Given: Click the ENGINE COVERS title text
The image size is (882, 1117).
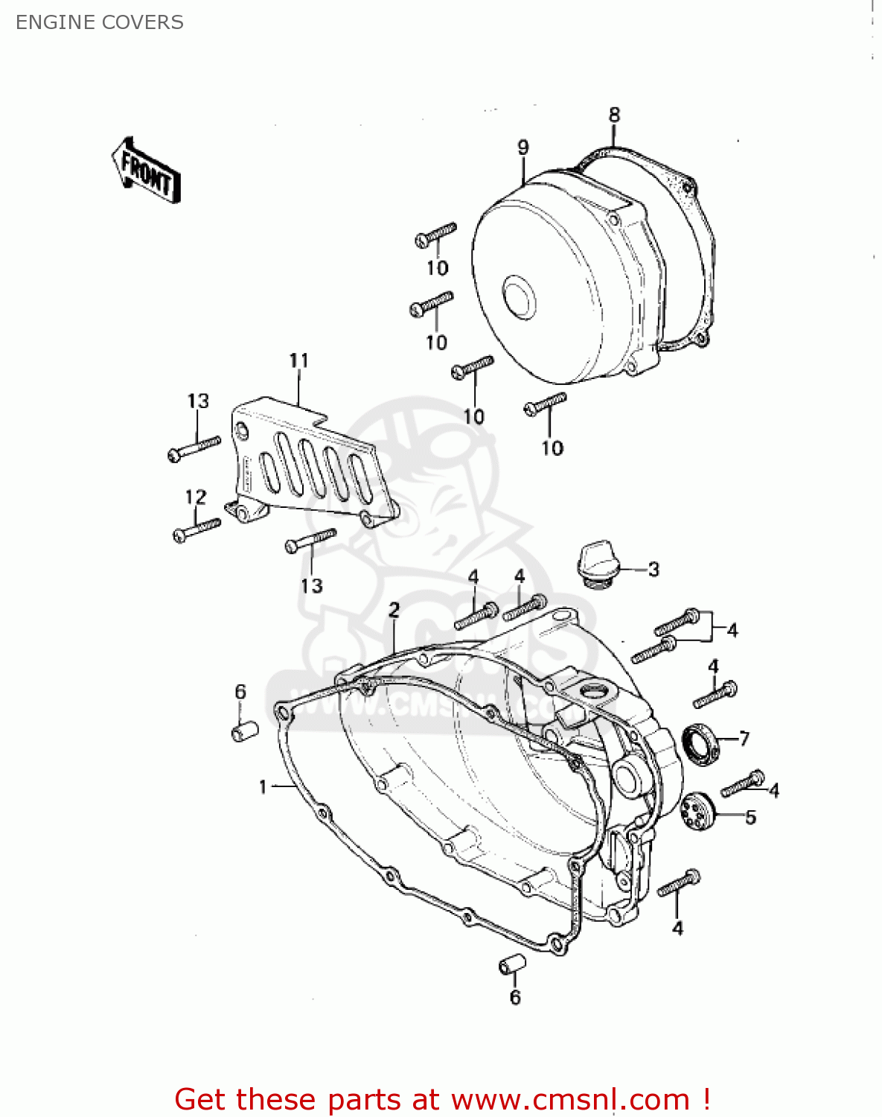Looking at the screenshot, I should [100, 22].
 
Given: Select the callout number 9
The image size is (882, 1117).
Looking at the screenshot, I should [523, 147].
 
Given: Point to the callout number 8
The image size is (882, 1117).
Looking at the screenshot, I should [614, 115].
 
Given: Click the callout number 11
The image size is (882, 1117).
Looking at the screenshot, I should [298, 361].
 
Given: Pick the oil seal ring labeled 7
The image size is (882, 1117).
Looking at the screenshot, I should [700, 743].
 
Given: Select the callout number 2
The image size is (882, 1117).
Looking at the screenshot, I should [394, 610].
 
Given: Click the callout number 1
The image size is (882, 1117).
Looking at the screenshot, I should [263, 786].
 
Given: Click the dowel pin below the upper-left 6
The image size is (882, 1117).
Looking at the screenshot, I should [244, 731].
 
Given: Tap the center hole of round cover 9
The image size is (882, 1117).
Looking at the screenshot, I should [518, 296].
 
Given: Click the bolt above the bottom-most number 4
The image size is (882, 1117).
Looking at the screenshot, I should [678, 882].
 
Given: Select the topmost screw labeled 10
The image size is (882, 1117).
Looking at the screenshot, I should [435, 234].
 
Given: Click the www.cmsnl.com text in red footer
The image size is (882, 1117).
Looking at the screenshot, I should [570, 1100].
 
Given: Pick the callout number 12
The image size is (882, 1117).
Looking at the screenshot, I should [196, 497].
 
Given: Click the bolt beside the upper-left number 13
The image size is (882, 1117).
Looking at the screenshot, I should [194, 448].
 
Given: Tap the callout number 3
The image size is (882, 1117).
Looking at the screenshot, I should [653, 570].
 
